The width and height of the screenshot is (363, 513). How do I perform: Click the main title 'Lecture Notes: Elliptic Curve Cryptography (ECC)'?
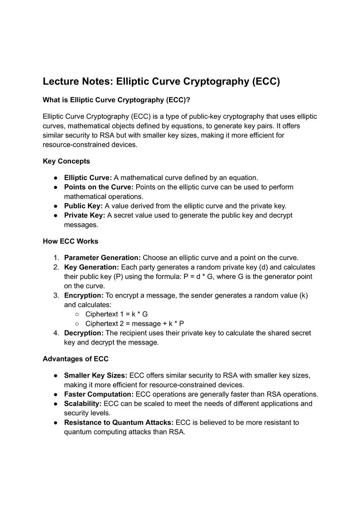coord(161,82)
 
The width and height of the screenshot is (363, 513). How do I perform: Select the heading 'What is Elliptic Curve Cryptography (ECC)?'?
coord(116,100)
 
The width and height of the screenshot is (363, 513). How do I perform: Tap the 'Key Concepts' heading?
coord(66,161)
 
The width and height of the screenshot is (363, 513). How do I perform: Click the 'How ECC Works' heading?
coord(71,241)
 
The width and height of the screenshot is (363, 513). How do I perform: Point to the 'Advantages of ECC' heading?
coord(75,359)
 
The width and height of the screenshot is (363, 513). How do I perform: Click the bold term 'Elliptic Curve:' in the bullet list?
coord(88,178)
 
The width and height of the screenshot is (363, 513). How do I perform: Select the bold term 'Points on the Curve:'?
coord(99,187)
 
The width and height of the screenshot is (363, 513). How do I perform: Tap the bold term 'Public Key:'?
coord(83,206)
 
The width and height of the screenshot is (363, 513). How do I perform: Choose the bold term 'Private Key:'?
coord(85,215)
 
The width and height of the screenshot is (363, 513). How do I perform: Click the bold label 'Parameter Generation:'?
coord(102,258)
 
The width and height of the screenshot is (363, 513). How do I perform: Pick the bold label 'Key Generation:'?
coord(92,267)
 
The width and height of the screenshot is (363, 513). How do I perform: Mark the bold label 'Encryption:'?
coord(84,295)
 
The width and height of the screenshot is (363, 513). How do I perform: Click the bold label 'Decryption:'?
coord(84,333)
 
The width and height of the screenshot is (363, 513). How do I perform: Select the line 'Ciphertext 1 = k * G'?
coord(116,314)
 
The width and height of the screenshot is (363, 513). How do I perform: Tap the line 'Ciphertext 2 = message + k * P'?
coord(134,323)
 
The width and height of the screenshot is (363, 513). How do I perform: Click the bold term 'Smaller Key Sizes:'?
coord(96,375)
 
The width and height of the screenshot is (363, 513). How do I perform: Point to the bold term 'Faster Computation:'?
coord(99,394)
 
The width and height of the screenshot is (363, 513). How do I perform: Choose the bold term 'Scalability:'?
coord(82,403)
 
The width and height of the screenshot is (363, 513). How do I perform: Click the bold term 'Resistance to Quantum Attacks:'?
coord(119,422)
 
